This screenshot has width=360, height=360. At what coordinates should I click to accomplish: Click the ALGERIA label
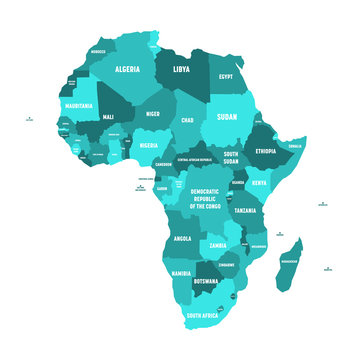tap(127, 70)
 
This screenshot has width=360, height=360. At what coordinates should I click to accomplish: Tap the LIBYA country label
tap(181, 70)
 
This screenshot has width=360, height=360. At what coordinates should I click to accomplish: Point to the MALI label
tap(107, 117)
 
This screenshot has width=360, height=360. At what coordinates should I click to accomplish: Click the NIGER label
tap(152, 114)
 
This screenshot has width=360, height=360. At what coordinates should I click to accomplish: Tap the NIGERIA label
tap(148, 146)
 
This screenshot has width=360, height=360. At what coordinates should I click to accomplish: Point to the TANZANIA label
tap(246, 211)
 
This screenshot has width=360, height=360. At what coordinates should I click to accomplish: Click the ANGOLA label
tap(182, 239)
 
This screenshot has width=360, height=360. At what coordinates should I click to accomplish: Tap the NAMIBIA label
tap(181, 273)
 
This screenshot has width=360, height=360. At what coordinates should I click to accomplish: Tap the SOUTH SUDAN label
tap(232, 159)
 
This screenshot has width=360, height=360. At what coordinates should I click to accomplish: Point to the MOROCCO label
tap(96, 52)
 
